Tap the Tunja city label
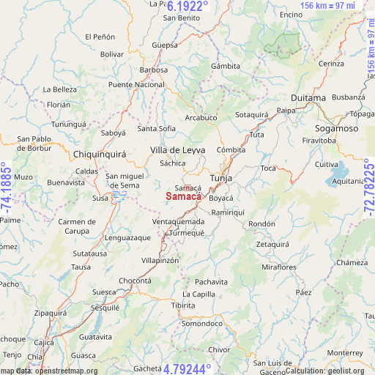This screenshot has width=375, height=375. coord(220,178)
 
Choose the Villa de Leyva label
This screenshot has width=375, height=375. coord(178,149)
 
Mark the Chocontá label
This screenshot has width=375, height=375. coord(135,281)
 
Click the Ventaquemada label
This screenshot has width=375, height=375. coord(178,221)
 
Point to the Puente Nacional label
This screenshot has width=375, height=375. coord(136,85)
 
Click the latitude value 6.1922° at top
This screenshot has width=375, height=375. coord(187,6)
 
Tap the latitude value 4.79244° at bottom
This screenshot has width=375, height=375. coord(187,368)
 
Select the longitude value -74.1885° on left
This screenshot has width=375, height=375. coord(7,188)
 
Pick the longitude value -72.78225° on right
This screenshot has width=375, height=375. coord(368,188)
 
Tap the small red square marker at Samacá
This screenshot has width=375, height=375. coord(187,188)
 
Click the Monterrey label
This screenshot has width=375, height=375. coord(346,352)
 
